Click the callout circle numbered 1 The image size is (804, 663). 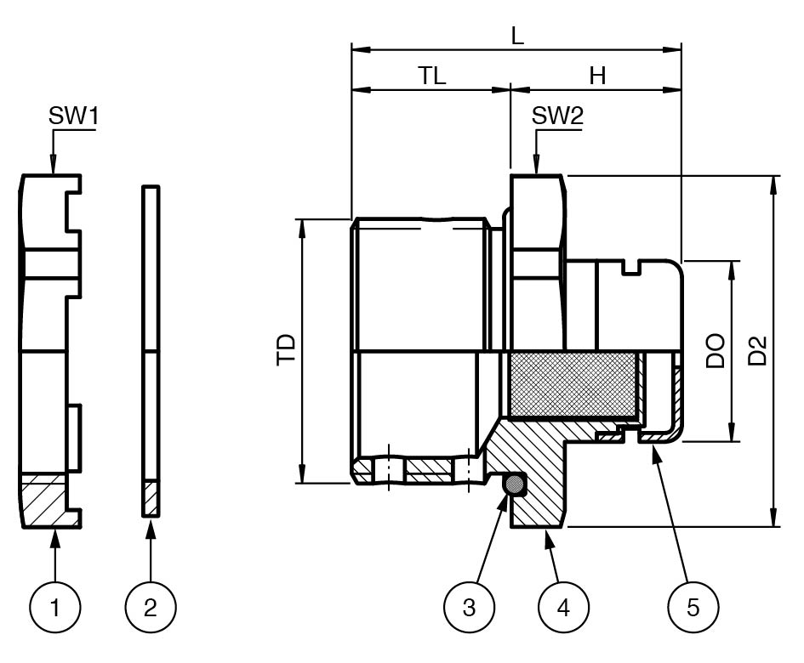tap(55, 607)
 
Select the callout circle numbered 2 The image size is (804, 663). tap(151, 607)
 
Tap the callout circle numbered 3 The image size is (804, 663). tap(470, 607)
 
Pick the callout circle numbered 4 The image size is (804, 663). tap(564, 607)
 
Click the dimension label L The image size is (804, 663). tap(516, 36)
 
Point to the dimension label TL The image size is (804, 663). tap(432, 76)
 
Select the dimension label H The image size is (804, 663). tap(598, 76)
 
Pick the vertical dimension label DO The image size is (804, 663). tap(716, 350)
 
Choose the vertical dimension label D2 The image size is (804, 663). tap(757, 350)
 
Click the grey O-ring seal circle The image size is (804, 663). tap(514, 485)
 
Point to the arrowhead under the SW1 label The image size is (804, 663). tap(53, 167)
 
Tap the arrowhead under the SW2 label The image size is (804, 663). tap(536, 167)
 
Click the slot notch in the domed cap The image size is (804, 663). tap(632, 269)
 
